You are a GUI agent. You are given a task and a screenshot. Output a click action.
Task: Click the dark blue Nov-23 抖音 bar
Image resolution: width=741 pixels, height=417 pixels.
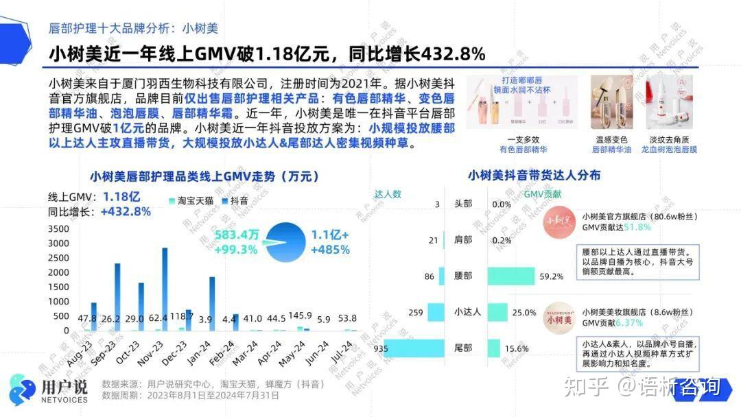[165, 288]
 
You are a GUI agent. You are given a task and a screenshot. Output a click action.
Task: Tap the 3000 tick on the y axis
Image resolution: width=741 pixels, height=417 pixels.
[58, 229]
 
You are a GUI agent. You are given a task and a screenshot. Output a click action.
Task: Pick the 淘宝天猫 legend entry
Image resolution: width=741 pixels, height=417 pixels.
[192, 201]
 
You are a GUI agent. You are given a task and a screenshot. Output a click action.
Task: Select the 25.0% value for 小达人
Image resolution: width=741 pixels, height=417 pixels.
[524, 313]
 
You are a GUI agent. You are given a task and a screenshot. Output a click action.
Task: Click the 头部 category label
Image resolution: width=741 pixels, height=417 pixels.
[463, 204]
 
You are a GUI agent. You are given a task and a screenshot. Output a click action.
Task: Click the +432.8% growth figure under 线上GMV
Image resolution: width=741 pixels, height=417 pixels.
[126, 212]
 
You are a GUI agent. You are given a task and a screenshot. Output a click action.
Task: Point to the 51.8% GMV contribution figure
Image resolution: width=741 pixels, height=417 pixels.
[637, 227]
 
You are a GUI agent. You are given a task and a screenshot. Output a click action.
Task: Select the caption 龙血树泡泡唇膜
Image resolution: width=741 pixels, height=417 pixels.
[669, 149]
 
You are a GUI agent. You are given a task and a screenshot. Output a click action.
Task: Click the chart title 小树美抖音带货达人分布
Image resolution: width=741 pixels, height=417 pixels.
[534, 176]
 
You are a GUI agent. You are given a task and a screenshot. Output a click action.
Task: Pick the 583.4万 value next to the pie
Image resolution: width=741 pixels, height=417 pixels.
[236, 235]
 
